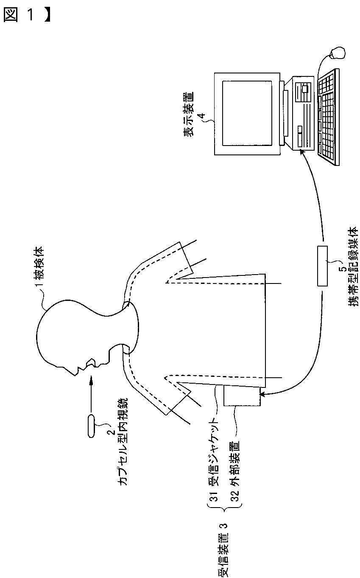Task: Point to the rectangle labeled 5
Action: (322, 266)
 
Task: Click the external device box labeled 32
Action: (241, 396)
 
